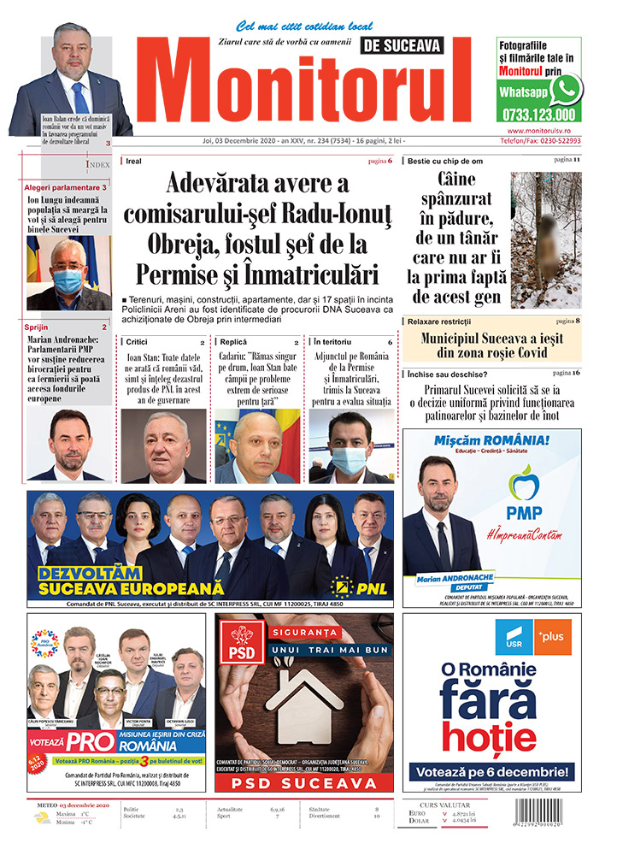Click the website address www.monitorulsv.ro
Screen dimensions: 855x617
tap(538, 130)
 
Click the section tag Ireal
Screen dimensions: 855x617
tap(133, 161)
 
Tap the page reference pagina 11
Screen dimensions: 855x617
tap(567, 160)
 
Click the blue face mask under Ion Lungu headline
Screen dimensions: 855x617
tap(68, 280)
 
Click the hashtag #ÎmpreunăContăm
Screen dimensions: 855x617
tap(523, 534)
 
